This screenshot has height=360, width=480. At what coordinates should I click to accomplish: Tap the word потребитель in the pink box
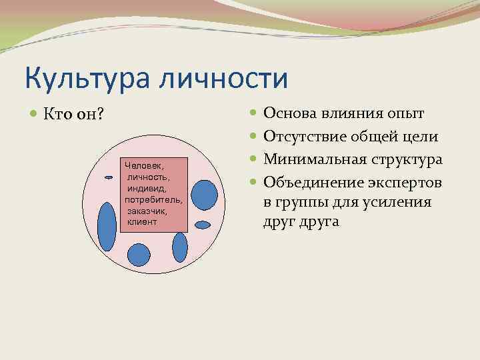pos(154,199)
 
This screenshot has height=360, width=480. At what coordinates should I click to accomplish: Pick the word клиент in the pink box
pos(142,221)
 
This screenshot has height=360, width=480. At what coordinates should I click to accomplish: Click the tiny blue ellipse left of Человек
pos(109,177)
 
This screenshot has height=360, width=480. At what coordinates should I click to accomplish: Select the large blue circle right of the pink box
pos(205,194)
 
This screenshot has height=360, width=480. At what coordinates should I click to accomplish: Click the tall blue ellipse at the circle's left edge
pos(107,225)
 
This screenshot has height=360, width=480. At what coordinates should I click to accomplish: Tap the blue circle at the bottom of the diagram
pos(138,254)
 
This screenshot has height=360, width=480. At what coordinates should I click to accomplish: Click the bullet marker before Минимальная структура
pos(255,160)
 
